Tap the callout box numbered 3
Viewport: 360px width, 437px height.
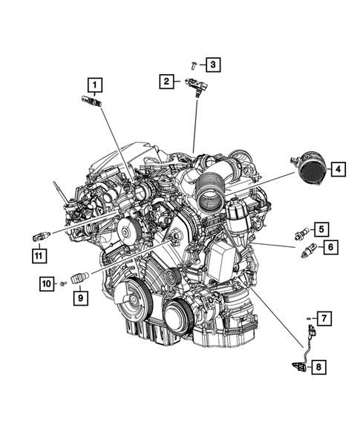pyautogui.click(x=212, y=65)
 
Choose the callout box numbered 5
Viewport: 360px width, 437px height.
pyautogui.click(x=324, y=229)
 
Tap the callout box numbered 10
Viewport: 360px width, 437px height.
pyautogui.click(x=46, y=283)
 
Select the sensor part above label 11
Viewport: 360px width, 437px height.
pyautogui.click(x=39, y=235)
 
